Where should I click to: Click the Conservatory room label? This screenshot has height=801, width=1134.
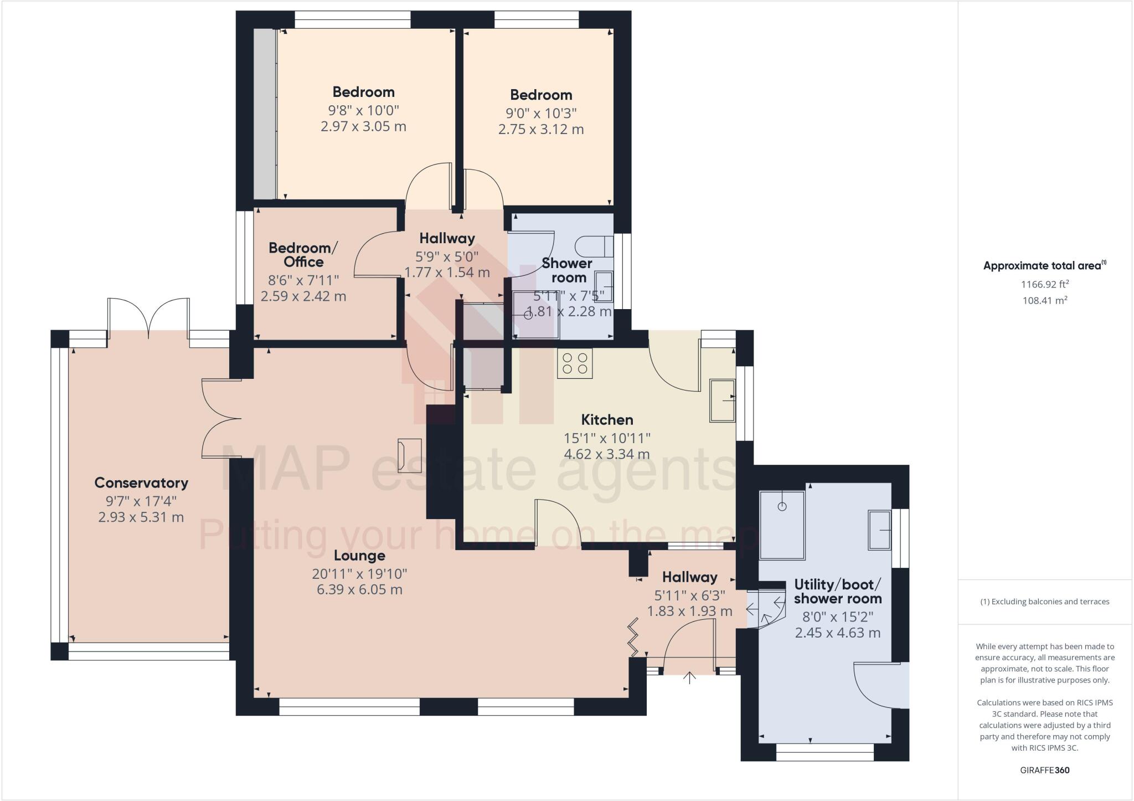point(141,482)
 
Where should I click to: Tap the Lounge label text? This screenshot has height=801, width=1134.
point(359,555)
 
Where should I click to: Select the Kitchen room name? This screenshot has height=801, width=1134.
point(607,419)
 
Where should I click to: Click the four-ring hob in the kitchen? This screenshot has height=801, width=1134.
point(575,363)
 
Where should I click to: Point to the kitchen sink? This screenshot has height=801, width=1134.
point(723,400)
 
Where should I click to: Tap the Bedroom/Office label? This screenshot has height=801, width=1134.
point(303,254)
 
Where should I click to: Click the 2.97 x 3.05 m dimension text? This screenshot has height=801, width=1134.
point(363,126)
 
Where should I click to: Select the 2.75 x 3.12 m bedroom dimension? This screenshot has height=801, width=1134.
point(541,130)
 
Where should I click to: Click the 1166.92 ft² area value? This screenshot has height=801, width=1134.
point(1045,284)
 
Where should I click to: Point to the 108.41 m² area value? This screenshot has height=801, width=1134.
point(1045,300)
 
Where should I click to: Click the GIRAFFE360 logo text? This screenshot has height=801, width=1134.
point(1045,770)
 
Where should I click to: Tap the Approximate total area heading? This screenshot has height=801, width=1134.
point(1045,265)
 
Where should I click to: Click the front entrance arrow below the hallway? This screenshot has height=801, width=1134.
point(689,677)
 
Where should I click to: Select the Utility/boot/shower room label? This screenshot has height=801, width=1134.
point(838,592)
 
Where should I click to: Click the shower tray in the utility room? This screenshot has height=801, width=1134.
point(782,525)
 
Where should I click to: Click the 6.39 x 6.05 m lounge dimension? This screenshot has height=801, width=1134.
point(359,589)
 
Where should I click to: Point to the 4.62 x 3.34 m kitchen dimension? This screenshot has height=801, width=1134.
point(607,454)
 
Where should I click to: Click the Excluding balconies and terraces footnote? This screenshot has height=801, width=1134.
point(1045,602)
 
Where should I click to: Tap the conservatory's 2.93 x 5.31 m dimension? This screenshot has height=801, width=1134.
point(141,517)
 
